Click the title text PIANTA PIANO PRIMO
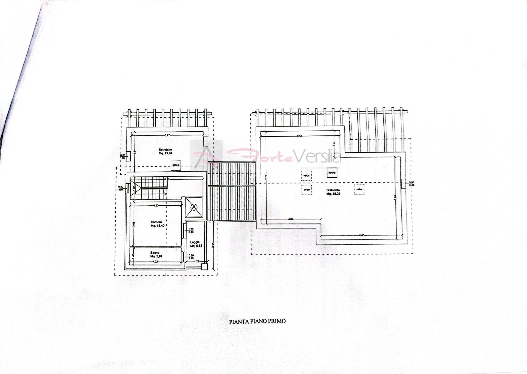click(x=257, y=321)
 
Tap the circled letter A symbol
click(x=194, y=207)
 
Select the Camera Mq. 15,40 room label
click(x=156, y=224)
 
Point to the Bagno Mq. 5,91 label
click(x=155, y=254)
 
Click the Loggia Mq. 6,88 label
click(x=196, y=244)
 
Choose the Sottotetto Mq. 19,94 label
click(x=165, y=151)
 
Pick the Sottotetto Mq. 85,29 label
click(x=333, y=192)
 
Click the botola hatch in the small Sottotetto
click(x=176, y=165)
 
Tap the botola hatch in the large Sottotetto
click(x=332, y=173)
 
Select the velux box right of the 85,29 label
click(x=359, y=189)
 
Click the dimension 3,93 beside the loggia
click(x=213, y=245)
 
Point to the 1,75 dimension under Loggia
click(x=197, y=261)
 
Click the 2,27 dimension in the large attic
click(x=334, y=143)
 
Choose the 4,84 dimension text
click(x=291, y=219)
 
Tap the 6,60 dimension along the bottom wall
click(x=361, y=235)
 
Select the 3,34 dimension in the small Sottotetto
click(x=134, y=152)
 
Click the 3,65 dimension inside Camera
click(x=133, y=224)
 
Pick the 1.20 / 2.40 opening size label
click(x=191, y=230)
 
